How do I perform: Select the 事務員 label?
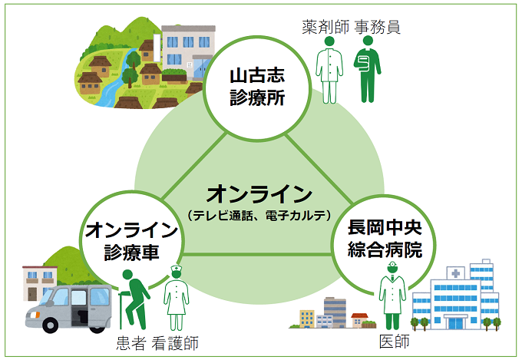click(x=378, y=28)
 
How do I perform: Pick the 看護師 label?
click(x=176, y=343)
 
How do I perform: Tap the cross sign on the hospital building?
click(x=456, y=273)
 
